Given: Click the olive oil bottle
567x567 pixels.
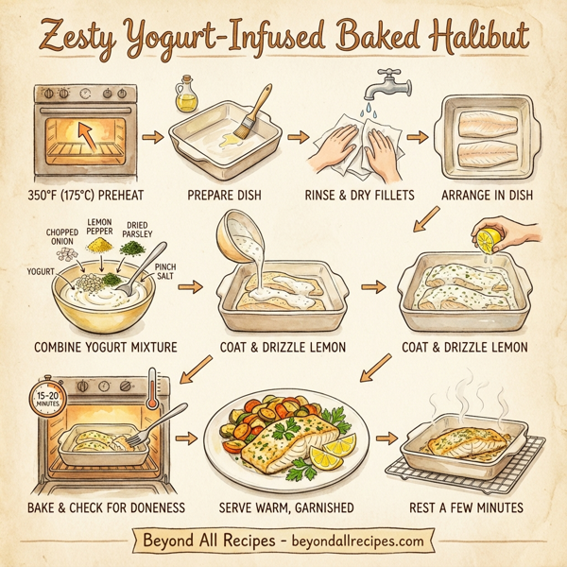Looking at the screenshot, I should coord(184,97).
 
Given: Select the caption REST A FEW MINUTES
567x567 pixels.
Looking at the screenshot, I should coord(466,507).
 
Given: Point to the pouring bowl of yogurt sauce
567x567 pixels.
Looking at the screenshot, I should coord(240,238).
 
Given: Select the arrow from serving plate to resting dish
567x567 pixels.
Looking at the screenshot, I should coord(386,438).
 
